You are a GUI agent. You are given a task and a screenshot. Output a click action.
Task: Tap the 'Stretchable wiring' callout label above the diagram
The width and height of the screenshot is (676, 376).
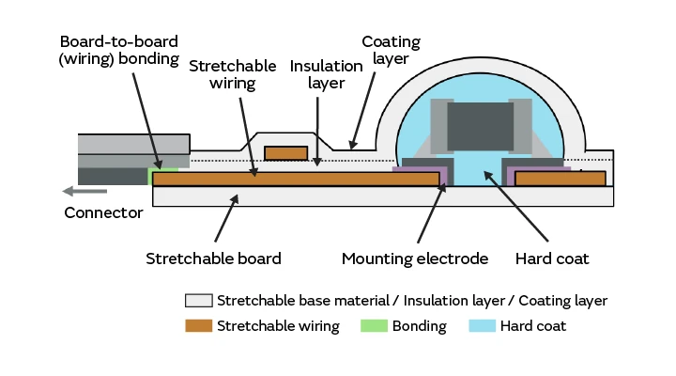click(x=232, y=75)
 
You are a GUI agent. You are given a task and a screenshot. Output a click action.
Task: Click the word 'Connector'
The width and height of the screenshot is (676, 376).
click(x=103, y=212)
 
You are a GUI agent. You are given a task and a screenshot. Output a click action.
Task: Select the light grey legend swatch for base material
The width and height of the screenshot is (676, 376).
click(x=197, y=302)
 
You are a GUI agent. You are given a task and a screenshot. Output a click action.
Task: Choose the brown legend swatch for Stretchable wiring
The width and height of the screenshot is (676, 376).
click(x=197, y=326)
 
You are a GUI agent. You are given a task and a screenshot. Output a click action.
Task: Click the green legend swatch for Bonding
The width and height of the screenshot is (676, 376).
click(x=375, y=326)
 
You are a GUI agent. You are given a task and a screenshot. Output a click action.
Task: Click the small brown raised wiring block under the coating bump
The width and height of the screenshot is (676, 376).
click(x=286, y=152)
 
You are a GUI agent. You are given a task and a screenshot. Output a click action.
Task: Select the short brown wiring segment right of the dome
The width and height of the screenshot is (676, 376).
click(x=559, y=178)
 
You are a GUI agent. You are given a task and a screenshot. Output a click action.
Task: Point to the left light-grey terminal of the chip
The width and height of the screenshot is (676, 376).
click(x=438, y=122)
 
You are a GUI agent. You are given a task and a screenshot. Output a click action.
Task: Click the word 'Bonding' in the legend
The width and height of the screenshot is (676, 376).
click(x=420, y=326)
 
